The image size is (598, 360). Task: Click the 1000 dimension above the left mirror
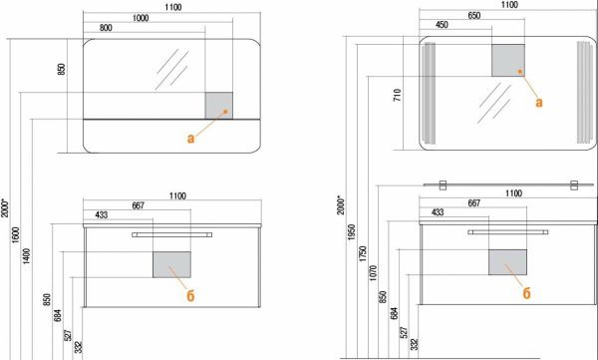pyautogui.click(x=141, y=18)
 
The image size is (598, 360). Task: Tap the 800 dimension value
pyautogui.click(x=106, y=28)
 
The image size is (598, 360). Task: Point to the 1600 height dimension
pyautogui.click(x=15, y=235)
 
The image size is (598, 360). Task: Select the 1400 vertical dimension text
pyautogui.click(x=26, y=256)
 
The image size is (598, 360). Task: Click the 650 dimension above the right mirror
pyautogui.click(x=474, y=16)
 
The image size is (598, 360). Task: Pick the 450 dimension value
pyautogui.click(x=442, y=25)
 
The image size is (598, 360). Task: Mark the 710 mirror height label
pyautogui.click(x=398, y=95)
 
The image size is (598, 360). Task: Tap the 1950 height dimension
pyautogui.click(x=351, y=232)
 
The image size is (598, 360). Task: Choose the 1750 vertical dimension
pyautogui.click(x=363, y=254)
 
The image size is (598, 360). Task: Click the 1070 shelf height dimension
pyautogui.click(x=373, y=273)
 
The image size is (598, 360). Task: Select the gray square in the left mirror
pyautogui.click(x=219, y=106)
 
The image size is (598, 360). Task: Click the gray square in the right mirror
pyautogui.click(x=508, y=60)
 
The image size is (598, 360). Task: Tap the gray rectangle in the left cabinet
pyautogui.click(x=171, y=264)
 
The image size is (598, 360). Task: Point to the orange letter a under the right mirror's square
pyautogui.click(x=539, y=103)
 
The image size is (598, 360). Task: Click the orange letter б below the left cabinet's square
pyautogui.click(x=190, y=295)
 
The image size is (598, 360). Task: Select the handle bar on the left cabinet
pyautogui.click(x=172, y=234)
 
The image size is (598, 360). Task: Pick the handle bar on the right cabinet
pyautogui.click(x=508, y=232)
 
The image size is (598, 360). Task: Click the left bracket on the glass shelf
pyautogui.click(x=443, y=185)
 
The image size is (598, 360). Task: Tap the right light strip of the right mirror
pyautogui.click(x=585, y=92)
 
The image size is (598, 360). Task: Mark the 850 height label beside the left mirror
pyautogui.click(x=62, y=69)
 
